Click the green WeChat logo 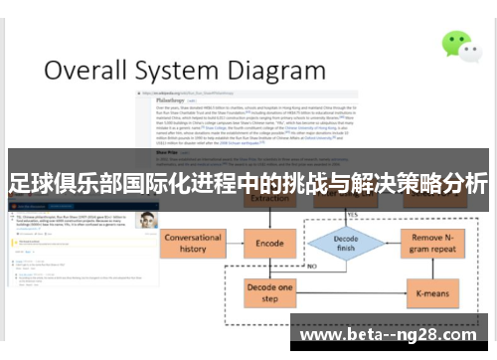[458, 43]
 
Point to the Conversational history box [194, 243]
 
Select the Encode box [269, 244]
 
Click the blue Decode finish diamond [346, 244]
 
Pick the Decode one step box [269, 292]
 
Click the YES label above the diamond [351, 215]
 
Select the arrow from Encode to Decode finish [304, 244]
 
